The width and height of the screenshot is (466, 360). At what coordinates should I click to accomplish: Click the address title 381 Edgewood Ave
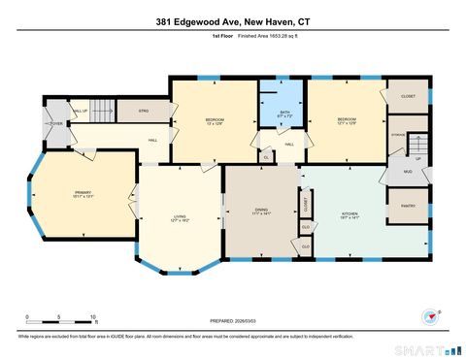[233, 21]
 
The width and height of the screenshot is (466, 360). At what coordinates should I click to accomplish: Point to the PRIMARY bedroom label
[83, 194]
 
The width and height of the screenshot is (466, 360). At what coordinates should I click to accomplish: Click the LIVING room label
[179, 219]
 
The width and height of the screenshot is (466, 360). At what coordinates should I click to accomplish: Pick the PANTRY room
[408, 206]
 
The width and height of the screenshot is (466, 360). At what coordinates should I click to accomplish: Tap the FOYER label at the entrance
[55, 124]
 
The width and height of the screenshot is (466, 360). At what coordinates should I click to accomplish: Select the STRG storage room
[144, 111]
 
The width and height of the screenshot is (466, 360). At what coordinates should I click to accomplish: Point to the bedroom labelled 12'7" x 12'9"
[346, 121]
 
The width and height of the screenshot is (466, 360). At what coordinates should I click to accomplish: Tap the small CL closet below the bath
[266, 155]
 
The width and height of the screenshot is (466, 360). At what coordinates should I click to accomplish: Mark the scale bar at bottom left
[60, 316]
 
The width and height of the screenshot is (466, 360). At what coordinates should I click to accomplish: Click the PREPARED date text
[233, 319]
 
